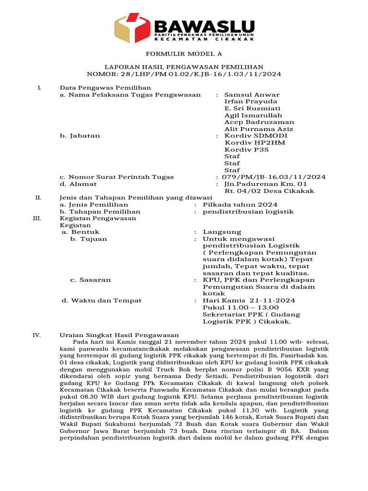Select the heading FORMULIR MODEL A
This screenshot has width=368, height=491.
point(184,54)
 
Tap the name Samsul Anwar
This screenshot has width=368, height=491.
point(252,95)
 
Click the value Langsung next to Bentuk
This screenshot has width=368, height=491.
point(222,232)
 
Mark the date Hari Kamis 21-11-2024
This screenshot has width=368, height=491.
point(249,301)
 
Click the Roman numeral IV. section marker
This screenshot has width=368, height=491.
point(36,335)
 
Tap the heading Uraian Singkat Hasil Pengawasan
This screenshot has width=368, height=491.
point(119,335)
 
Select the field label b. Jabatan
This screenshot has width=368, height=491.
point(80,136)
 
